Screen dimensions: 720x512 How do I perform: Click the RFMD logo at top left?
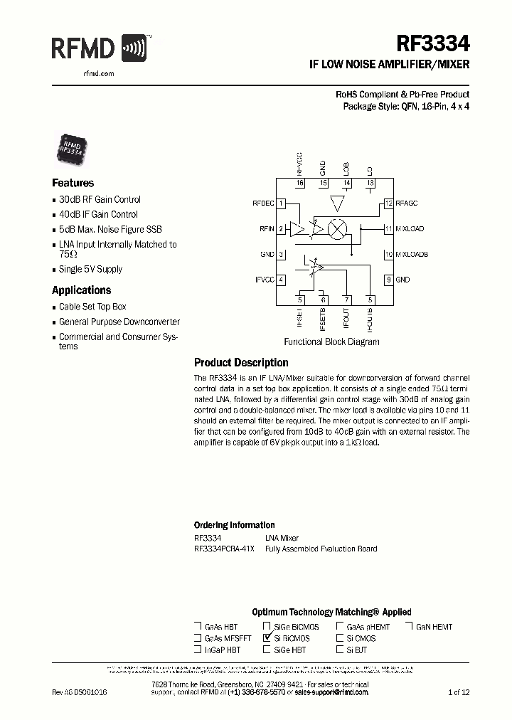[x=99, y=49]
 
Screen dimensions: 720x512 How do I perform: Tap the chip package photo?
[x=72, y=147]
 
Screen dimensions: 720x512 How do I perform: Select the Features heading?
[x=73, y=183]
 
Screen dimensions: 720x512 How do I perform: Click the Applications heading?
[x=81, y=290]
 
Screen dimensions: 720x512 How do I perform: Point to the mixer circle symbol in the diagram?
[x=340, y=229]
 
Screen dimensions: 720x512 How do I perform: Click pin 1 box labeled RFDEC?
[x=282, y=203]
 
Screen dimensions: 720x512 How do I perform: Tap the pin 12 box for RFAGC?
[x=388, y=203]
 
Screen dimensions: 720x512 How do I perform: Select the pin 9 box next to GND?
[x=388, y=280]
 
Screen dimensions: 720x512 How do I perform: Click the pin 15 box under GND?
[x=323, y=184]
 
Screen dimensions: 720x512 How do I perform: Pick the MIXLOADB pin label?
[x=412, y=254]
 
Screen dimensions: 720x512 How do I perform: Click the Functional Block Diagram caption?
[x=331, y=342]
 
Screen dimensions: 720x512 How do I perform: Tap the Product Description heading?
[x=241, y=363]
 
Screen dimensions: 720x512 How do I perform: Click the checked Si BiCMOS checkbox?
[x=267, y=638]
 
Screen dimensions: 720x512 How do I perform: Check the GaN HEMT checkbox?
[x=410, y=627]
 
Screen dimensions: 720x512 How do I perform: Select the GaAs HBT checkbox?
[x=198, y=627]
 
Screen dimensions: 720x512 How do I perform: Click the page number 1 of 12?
[x=459, y=692]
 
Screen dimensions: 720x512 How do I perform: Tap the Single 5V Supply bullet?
[x=90, y=270]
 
